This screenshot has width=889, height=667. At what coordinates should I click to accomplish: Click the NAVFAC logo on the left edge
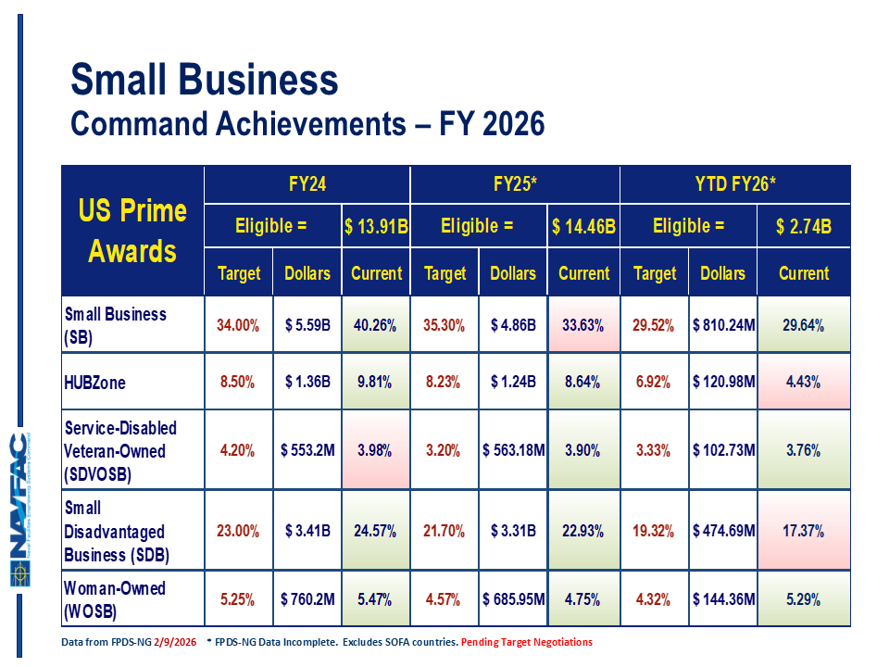(20, 509)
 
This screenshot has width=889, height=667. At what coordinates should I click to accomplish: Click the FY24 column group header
(307, 185)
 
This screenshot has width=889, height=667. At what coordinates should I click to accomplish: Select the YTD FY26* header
(735, 185)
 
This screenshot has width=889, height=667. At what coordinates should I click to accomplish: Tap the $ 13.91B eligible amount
(376, 226)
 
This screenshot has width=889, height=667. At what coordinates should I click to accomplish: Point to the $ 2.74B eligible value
(804, 226)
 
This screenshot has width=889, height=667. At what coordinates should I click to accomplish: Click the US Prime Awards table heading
(132, 231)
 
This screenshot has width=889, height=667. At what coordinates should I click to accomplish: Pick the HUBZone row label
(96, 383)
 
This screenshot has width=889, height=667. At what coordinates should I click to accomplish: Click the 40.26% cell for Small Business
(376, 325)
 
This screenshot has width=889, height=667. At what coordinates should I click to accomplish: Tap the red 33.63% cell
(583, 325)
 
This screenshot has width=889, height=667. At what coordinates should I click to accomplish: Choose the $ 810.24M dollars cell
(723, 325)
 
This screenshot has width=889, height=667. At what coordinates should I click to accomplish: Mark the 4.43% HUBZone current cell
(804, 383)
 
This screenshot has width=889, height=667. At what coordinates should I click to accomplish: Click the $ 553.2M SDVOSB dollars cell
(307, 451)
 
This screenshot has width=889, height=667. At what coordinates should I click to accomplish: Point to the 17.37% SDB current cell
(804, 532)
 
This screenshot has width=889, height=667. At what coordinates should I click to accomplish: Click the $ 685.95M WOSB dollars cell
(513, 598)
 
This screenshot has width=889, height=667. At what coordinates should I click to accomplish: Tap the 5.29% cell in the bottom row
(804, 598)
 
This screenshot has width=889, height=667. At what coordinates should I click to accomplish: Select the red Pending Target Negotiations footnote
(527, 642)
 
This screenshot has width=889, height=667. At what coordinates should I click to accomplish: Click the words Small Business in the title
(205, 82)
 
